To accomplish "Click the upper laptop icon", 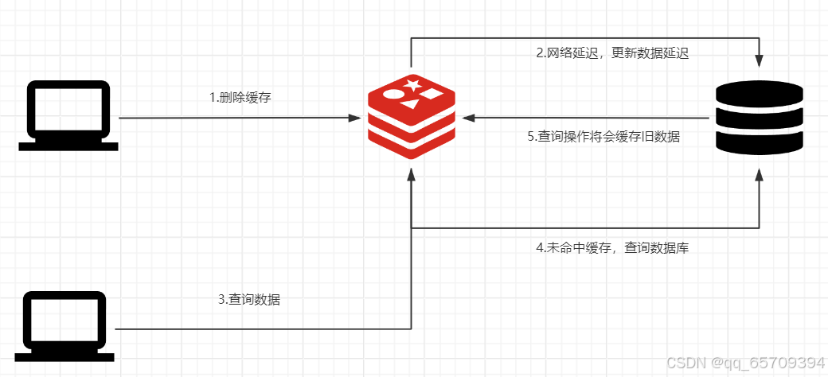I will pyautogui.click(x=69, y=115).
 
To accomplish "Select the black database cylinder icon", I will pyautogui.click(x=760, y=117).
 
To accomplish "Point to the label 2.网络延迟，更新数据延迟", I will pyautogui.click(x=611, y=54).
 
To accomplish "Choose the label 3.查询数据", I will pyautogui.click(x=249, y=300).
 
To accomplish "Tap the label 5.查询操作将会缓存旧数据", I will pyautogui.click(x=603, y=136).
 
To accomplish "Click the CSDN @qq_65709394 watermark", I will pyautogui.click(x=745, y=363).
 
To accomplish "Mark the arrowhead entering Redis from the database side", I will pyautogui.click(x=468, y=118).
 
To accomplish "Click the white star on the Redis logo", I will pyautogui.click(x=412, y=84).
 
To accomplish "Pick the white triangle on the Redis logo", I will pyautogui.click(x=409, y=103).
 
